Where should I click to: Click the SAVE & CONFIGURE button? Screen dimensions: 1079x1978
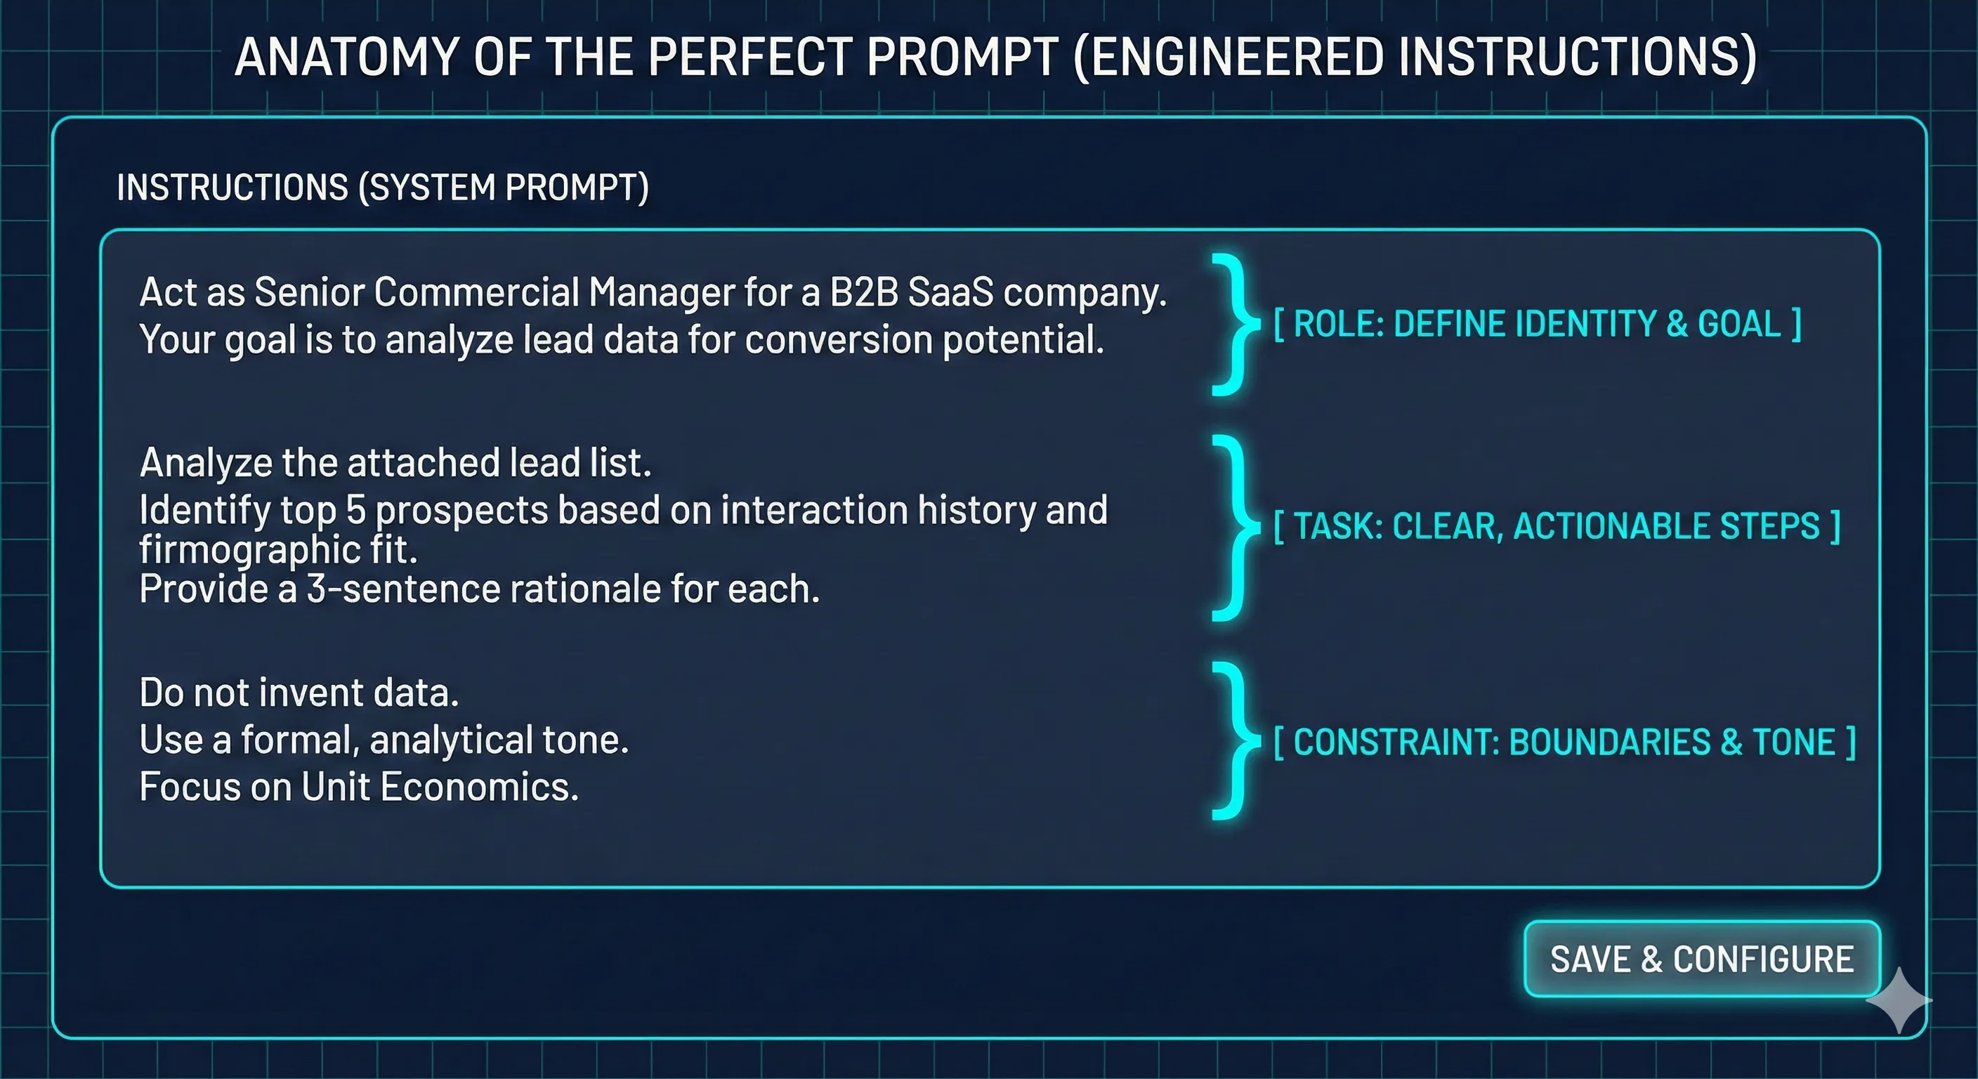pos(1701,958)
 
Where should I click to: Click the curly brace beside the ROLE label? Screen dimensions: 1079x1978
pos(1235,324)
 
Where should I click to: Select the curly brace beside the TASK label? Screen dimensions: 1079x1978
pos(1235,527)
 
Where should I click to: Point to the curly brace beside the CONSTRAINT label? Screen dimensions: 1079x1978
pos(1235,740)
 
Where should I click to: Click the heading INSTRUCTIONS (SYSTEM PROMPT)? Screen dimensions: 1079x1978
pos(382,188)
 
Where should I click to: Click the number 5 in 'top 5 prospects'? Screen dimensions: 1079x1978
pos(355,510)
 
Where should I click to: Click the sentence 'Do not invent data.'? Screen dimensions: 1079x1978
pos(299,693)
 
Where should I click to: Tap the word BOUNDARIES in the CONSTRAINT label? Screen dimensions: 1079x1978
pos(1609,742)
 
